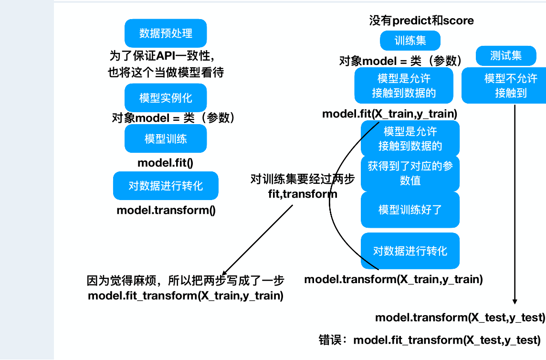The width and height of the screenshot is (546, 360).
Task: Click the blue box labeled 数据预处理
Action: (x=166, y=33)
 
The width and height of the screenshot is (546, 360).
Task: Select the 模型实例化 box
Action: (x=166, y=97)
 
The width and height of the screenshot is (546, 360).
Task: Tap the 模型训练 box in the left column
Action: (x=166, y=138)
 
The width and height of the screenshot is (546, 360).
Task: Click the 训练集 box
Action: (x=410, y=41)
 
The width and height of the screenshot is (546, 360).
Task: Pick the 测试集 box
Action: (x=506, y=55)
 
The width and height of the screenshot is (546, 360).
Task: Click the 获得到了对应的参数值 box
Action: (x=410, y=173)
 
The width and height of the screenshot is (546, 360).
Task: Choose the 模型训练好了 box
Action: (x=410, y=210)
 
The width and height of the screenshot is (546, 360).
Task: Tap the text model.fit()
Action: (x=165, y=163)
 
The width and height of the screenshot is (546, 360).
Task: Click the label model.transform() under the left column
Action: (x=166, y=210)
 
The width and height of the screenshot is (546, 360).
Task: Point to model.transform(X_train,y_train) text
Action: (x=393, y=279)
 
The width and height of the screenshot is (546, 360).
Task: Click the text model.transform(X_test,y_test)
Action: (x=460, y=318)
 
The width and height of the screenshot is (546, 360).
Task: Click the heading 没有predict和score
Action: (x=421, y=21)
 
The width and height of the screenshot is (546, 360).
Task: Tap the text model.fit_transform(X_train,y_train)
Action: (x=186, y=296)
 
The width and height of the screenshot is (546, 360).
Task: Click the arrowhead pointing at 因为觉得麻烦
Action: (x=225, y=272)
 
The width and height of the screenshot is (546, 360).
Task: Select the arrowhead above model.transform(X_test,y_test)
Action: (x=514, y=301)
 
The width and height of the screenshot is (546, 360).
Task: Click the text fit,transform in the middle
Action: (x=303, y=194)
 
